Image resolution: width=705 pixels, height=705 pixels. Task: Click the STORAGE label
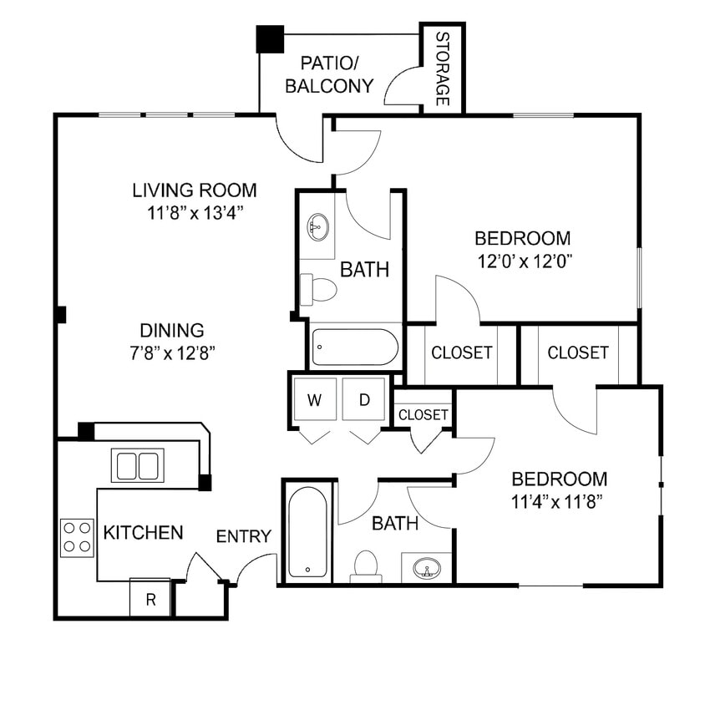[x=443, y=69]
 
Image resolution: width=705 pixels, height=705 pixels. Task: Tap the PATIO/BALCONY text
[x=329, y=74]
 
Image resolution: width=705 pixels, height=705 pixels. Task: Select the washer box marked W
[x=314, y=400]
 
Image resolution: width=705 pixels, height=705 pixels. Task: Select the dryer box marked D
[x=365, y=400]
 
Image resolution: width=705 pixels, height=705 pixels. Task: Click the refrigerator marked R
[x=150, y=599]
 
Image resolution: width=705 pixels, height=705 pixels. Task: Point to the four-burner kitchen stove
[x=77, y=537]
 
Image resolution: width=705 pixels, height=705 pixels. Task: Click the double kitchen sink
[x=139, y=466]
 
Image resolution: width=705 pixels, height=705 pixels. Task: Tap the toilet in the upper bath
[x=318, y=289]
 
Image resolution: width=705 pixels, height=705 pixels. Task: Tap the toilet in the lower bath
[x=366, y=566]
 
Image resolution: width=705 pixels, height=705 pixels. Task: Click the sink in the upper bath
[x=318, y=226]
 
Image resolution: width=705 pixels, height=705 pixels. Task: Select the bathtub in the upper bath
[x=355, y=347]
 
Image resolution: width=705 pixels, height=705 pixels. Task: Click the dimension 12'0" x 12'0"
[x=523, y=260]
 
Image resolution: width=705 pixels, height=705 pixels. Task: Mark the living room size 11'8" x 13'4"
[x=195, y=212]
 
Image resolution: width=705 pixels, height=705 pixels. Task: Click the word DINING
[x=171, y=330]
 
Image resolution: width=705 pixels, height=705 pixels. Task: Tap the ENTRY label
[x=244, y=536]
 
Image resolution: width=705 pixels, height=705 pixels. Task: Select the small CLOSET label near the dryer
[x=424, y=414]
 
